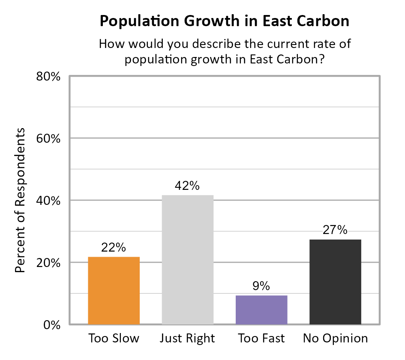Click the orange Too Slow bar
[114, 291]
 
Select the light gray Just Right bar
[187, 260]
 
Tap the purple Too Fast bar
[261, 309]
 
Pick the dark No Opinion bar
[335, 282]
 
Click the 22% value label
[114, 247]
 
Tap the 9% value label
[261, 286]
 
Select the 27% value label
[335, 230]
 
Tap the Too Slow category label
[114, 338]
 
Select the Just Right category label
[187, 338]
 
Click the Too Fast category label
[261, 338]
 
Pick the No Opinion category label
[335, 338]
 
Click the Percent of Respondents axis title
[20, 200]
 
